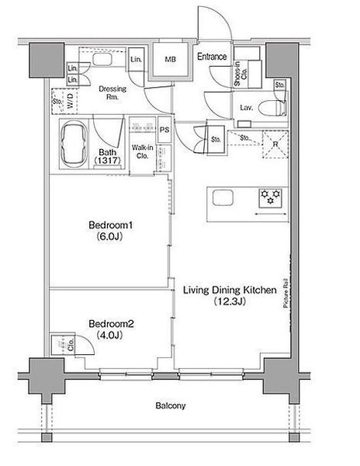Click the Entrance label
click(212, 57)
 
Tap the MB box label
click(171, 60)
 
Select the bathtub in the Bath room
click(74, 144)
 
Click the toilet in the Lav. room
click(272, 108)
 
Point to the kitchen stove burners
click(270, 197)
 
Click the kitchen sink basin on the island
click(223, 197)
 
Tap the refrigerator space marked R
click(275, 144)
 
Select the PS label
click(164, 130)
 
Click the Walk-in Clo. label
click(143, 151)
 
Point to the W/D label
click(70, 101)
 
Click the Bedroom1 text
click(110, 225)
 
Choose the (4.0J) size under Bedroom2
click(109, 336)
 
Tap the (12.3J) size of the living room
click(230, 301)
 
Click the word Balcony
click(171, 406)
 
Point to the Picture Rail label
click(286, 293)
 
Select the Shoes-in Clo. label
click(241, 74)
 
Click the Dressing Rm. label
click(112, 92)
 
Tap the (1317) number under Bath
click(107, 161)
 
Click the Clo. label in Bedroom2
click(71, 345)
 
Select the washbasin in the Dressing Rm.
click(102, 59)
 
